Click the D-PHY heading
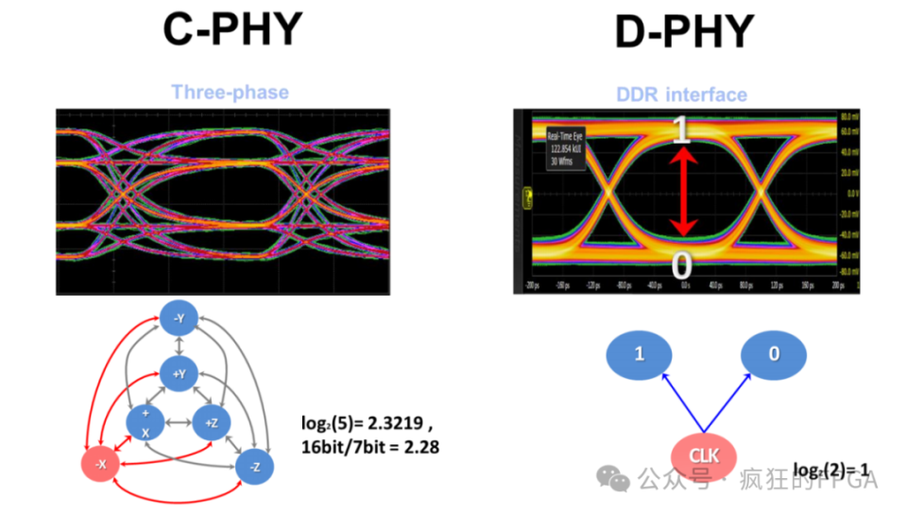pos(684,33)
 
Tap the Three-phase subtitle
pos(230,92)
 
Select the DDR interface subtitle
pos(681,95)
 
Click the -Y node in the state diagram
pos(178,319)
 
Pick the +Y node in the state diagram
pos(178,373)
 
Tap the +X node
pos(145,422)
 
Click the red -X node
pos(100,464)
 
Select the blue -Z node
pos(254,466)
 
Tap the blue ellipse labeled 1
pos(639,354)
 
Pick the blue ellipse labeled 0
pos(774,354)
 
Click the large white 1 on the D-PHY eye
pos(681,129)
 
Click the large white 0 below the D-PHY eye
pos(681,267)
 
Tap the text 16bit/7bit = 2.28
pos(369,445)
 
